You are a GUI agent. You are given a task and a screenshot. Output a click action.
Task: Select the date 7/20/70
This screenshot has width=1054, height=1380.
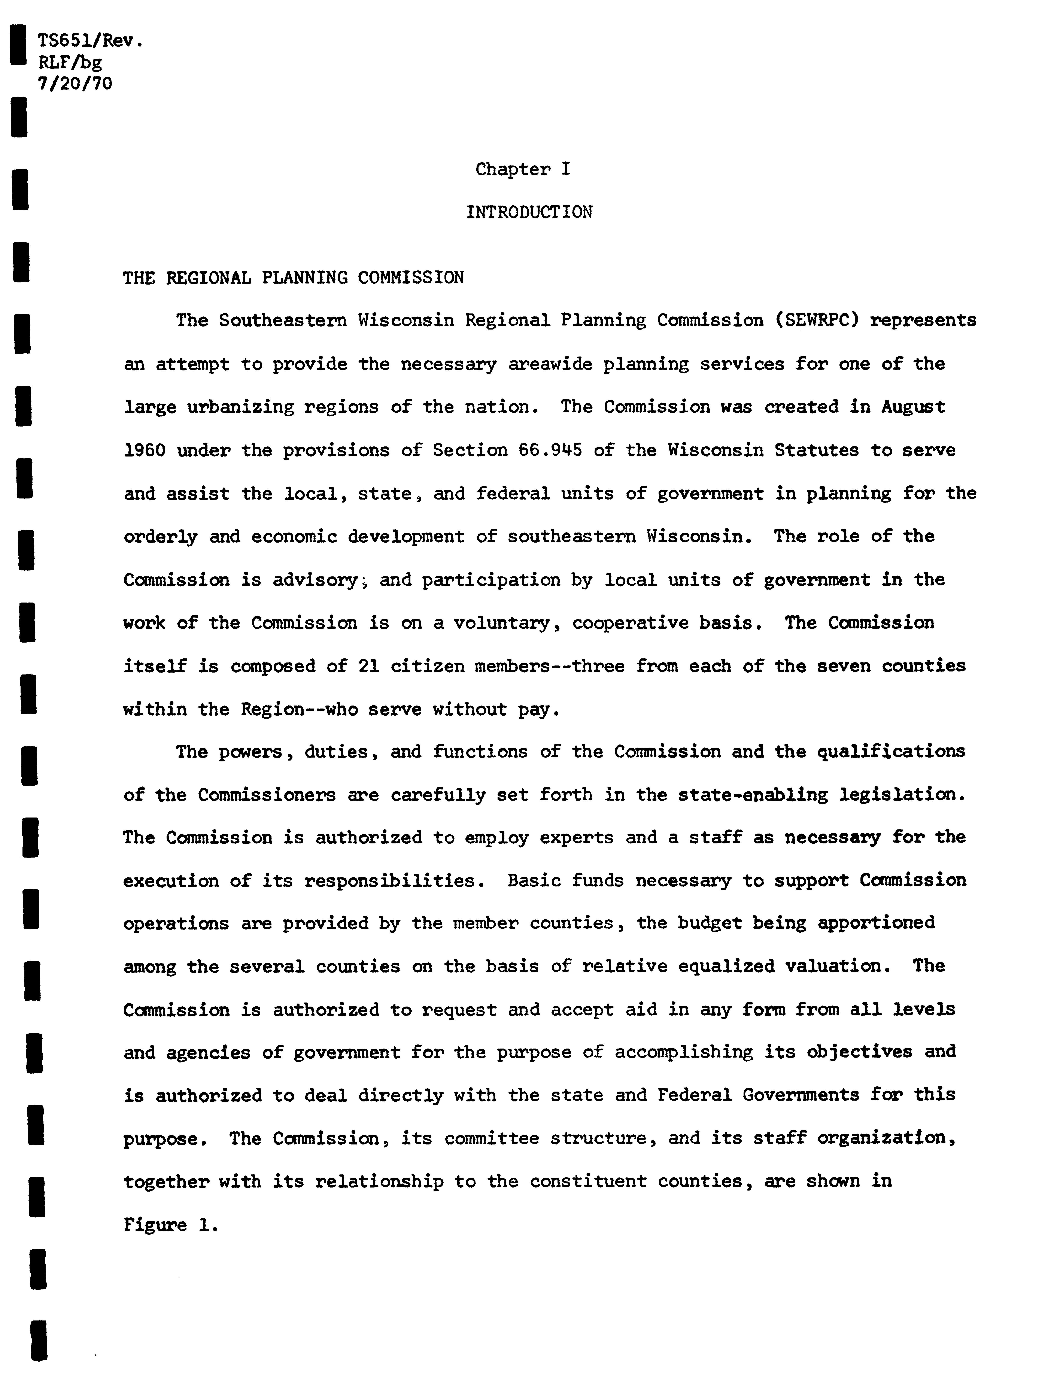point(75,84)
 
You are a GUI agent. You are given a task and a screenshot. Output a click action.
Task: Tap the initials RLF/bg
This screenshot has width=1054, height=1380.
point(70,63)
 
